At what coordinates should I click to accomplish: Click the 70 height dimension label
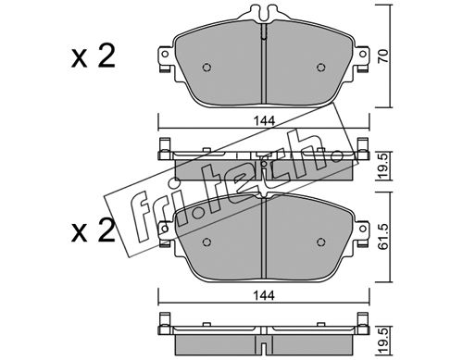tap(383, 56)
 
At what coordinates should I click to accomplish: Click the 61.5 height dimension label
tap(383, 237)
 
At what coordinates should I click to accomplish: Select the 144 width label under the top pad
tap(264, 121)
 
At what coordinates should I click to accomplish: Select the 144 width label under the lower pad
tap(264, 296)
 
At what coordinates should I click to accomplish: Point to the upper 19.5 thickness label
tap(383, 167)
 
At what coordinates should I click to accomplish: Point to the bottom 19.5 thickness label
tap(383, 341)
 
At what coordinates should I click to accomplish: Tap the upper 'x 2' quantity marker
tap(93, 56)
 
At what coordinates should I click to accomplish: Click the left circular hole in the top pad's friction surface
tap(206, 68)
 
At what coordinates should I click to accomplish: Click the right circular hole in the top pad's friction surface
tap(321, 68)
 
